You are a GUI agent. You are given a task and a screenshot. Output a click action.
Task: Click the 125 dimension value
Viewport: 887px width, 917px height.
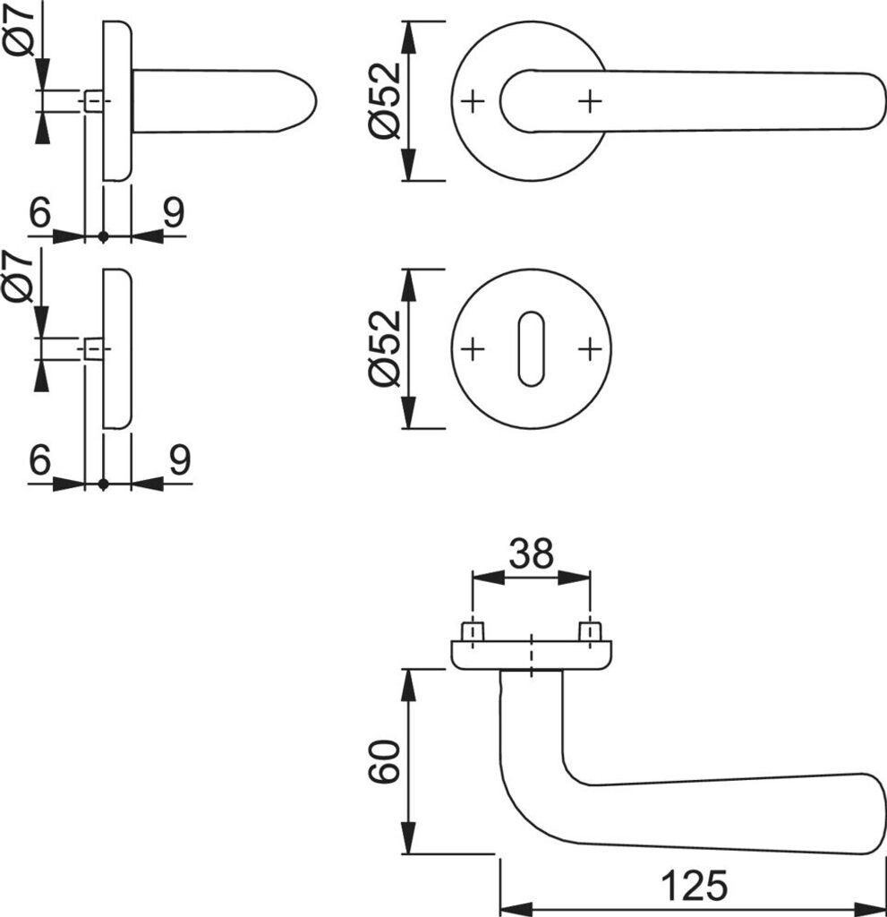tap(695, 887)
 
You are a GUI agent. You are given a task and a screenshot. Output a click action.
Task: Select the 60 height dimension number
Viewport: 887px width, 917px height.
tap(384, 761)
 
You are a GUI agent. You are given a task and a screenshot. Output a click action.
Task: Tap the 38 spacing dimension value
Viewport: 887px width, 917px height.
tap(532, 555)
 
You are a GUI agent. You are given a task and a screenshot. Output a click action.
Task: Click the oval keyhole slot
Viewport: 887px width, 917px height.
tap(531, 349)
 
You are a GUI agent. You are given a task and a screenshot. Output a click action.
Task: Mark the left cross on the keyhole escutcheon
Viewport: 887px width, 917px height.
tap(473, 348)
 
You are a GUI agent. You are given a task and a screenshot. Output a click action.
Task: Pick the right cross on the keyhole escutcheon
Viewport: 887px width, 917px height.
tap(588, 348)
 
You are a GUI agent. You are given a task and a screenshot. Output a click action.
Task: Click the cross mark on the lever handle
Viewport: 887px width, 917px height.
tap(589, 102)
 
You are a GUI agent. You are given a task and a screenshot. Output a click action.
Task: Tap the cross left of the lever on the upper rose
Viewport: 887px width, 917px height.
tap(473, 102)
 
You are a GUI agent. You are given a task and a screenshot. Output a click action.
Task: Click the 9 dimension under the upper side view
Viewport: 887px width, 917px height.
tap(174, 214)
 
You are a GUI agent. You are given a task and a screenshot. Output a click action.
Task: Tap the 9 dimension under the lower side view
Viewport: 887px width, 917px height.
tap(178, 461)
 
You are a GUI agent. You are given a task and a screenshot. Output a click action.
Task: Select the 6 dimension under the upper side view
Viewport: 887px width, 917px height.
tap(39, 214)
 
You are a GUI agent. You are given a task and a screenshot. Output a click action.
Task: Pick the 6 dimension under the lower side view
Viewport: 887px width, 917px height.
tap(39, 461)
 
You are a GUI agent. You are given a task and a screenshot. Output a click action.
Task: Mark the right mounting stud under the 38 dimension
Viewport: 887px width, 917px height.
tap(589, 631)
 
